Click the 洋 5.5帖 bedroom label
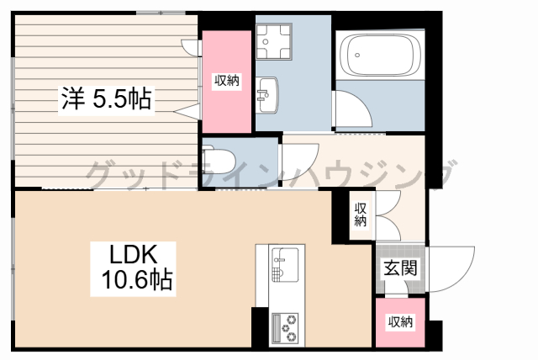(x=105, y=98)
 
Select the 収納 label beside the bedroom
(x=227, y=81)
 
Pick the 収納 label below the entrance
(x=400, y=322)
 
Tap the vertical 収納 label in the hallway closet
(x=360, y=214)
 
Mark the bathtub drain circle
(x=359, y=58)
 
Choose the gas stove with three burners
(x=285, y=326)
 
